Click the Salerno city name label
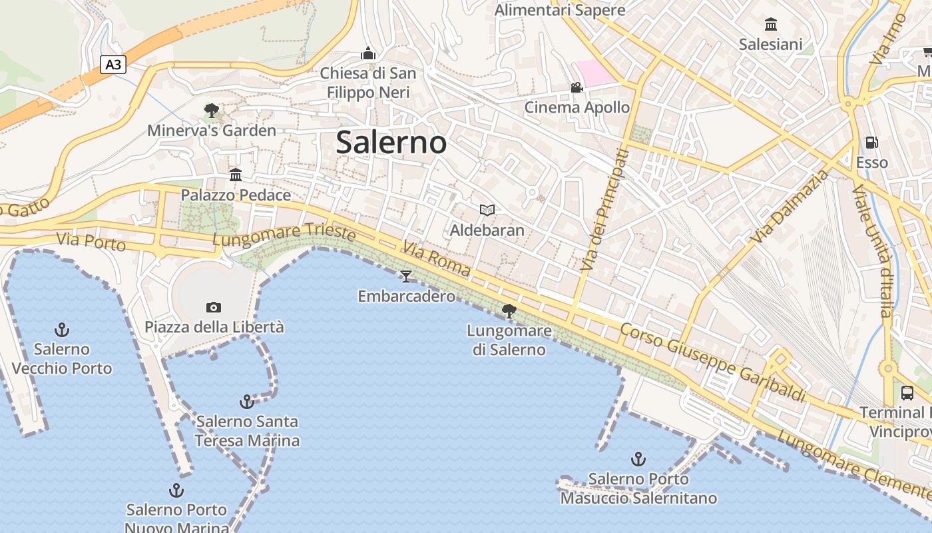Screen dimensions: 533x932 tap(391, 143)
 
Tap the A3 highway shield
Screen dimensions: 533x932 tap(113, 65)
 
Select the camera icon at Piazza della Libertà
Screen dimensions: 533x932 tap(213, 307)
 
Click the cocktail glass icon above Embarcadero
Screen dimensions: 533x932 tap(406, 276)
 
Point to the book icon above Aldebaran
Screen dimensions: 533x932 tap(487, 211)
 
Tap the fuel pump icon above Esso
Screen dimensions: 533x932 tap(871, 142)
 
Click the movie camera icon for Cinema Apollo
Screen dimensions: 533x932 tap(577, 87)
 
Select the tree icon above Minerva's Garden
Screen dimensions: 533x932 tap(212, 110)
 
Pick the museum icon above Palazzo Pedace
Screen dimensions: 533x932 tap(236, 175)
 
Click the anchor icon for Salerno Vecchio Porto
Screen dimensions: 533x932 tap(62, 329)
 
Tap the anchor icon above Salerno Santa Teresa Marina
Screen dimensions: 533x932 tap(247, 402)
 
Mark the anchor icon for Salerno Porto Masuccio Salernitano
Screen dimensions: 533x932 tap(638, 459)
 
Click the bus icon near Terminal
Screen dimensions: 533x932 tap(907, 392)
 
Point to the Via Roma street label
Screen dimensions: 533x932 tap(436, 259)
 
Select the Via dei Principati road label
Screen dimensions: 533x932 tap(604, 210)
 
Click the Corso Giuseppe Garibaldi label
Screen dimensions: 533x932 tap(713, 363)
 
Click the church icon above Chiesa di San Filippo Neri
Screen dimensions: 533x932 tap(368, 53)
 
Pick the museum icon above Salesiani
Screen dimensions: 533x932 tap(771, 25)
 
